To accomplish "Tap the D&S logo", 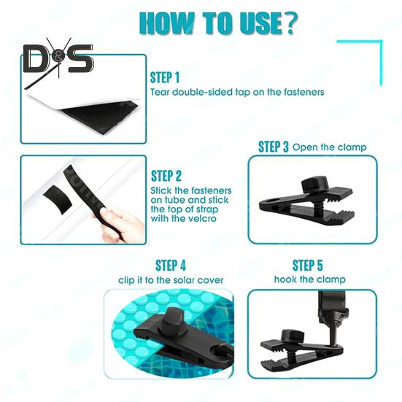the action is (x=58, y=58).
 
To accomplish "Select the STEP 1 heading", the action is (x=165, y=77).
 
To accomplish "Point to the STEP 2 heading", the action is (x=166, y=176).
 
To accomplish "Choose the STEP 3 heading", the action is (x=274, y=147).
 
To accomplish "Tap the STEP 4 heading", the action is (x=171, y=266).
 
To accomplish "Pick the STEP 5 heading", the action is (x=307, y=266).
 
